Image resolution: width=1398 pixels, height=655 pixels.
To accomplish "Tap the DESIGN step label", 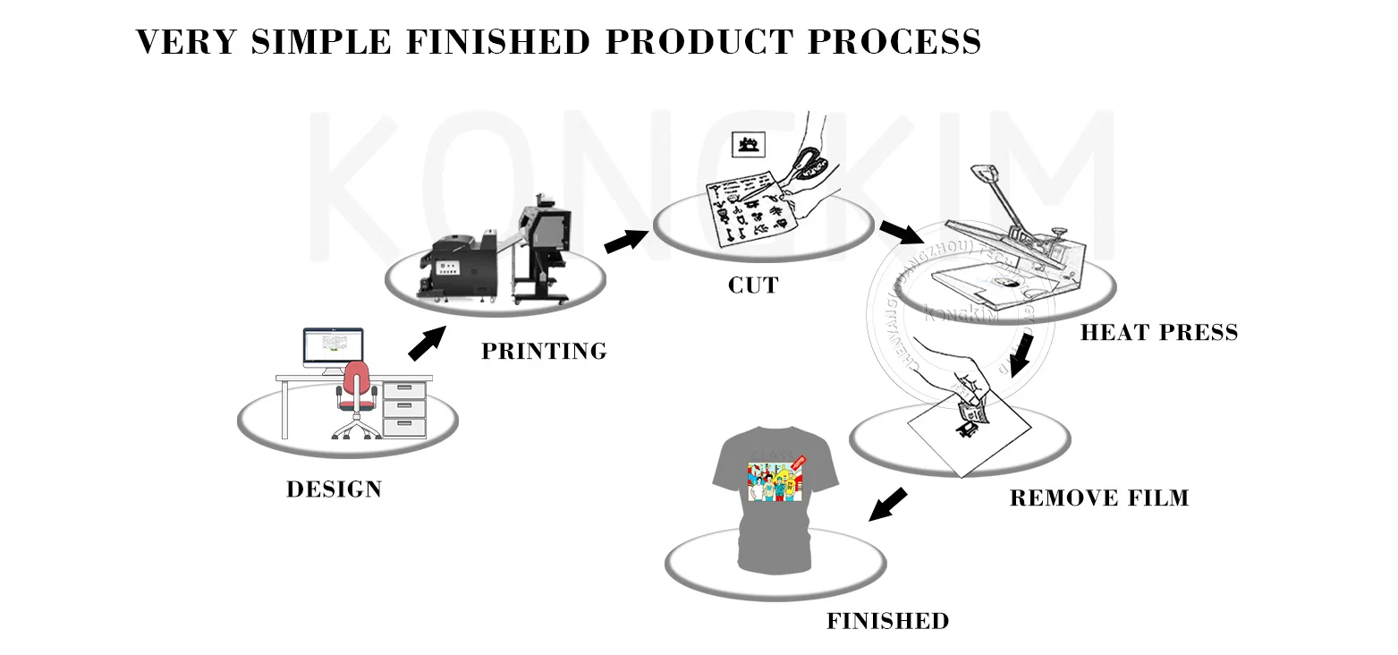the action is (x=334, y=489).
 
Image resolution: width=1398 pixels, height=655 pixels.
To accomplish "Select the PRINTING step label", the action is (x=544, y=352).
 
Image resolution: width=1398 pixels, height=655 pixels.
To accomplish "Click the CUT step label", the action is (x=753, y=286).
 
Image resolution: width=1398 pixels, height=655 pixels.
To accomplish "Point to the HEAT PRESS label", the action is (x=1159, y=333).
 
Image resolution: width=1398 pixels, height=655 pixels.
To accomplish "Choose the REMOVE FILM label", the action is (x=1099, y=498).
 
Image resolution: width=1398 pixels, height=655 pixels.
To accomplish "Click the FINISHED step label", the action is (x=887, y=621).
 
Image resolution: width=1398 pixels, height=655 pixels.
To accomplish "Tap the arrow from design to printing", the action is (x=427, y=343).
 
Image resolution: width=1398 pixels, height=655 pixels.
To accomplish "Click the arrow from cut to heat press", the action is (x=901, y=233).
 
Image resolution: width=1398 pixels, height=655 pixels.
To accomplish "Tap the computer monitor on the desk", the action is (x=333, y=346).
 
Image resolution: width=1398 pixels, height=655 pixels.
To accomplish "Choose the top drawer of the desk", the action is (x=404, y=390).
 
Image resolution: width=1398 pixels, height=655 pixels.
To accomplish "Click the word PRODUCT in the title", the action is (x=699, y=42).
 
